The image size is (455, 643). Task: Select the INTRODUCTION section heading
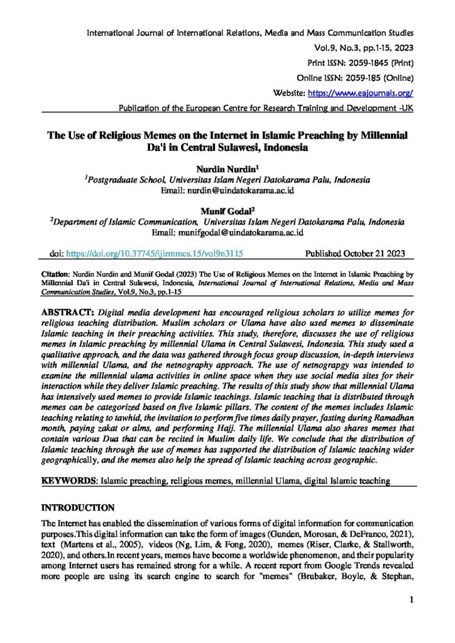[77, 507]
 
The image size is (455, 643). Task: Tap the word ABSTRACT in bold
[67, 311]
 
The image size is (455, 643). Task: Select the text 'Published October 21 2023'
[355, 254]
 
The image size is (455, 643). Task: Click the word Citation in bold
[55, 274]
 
